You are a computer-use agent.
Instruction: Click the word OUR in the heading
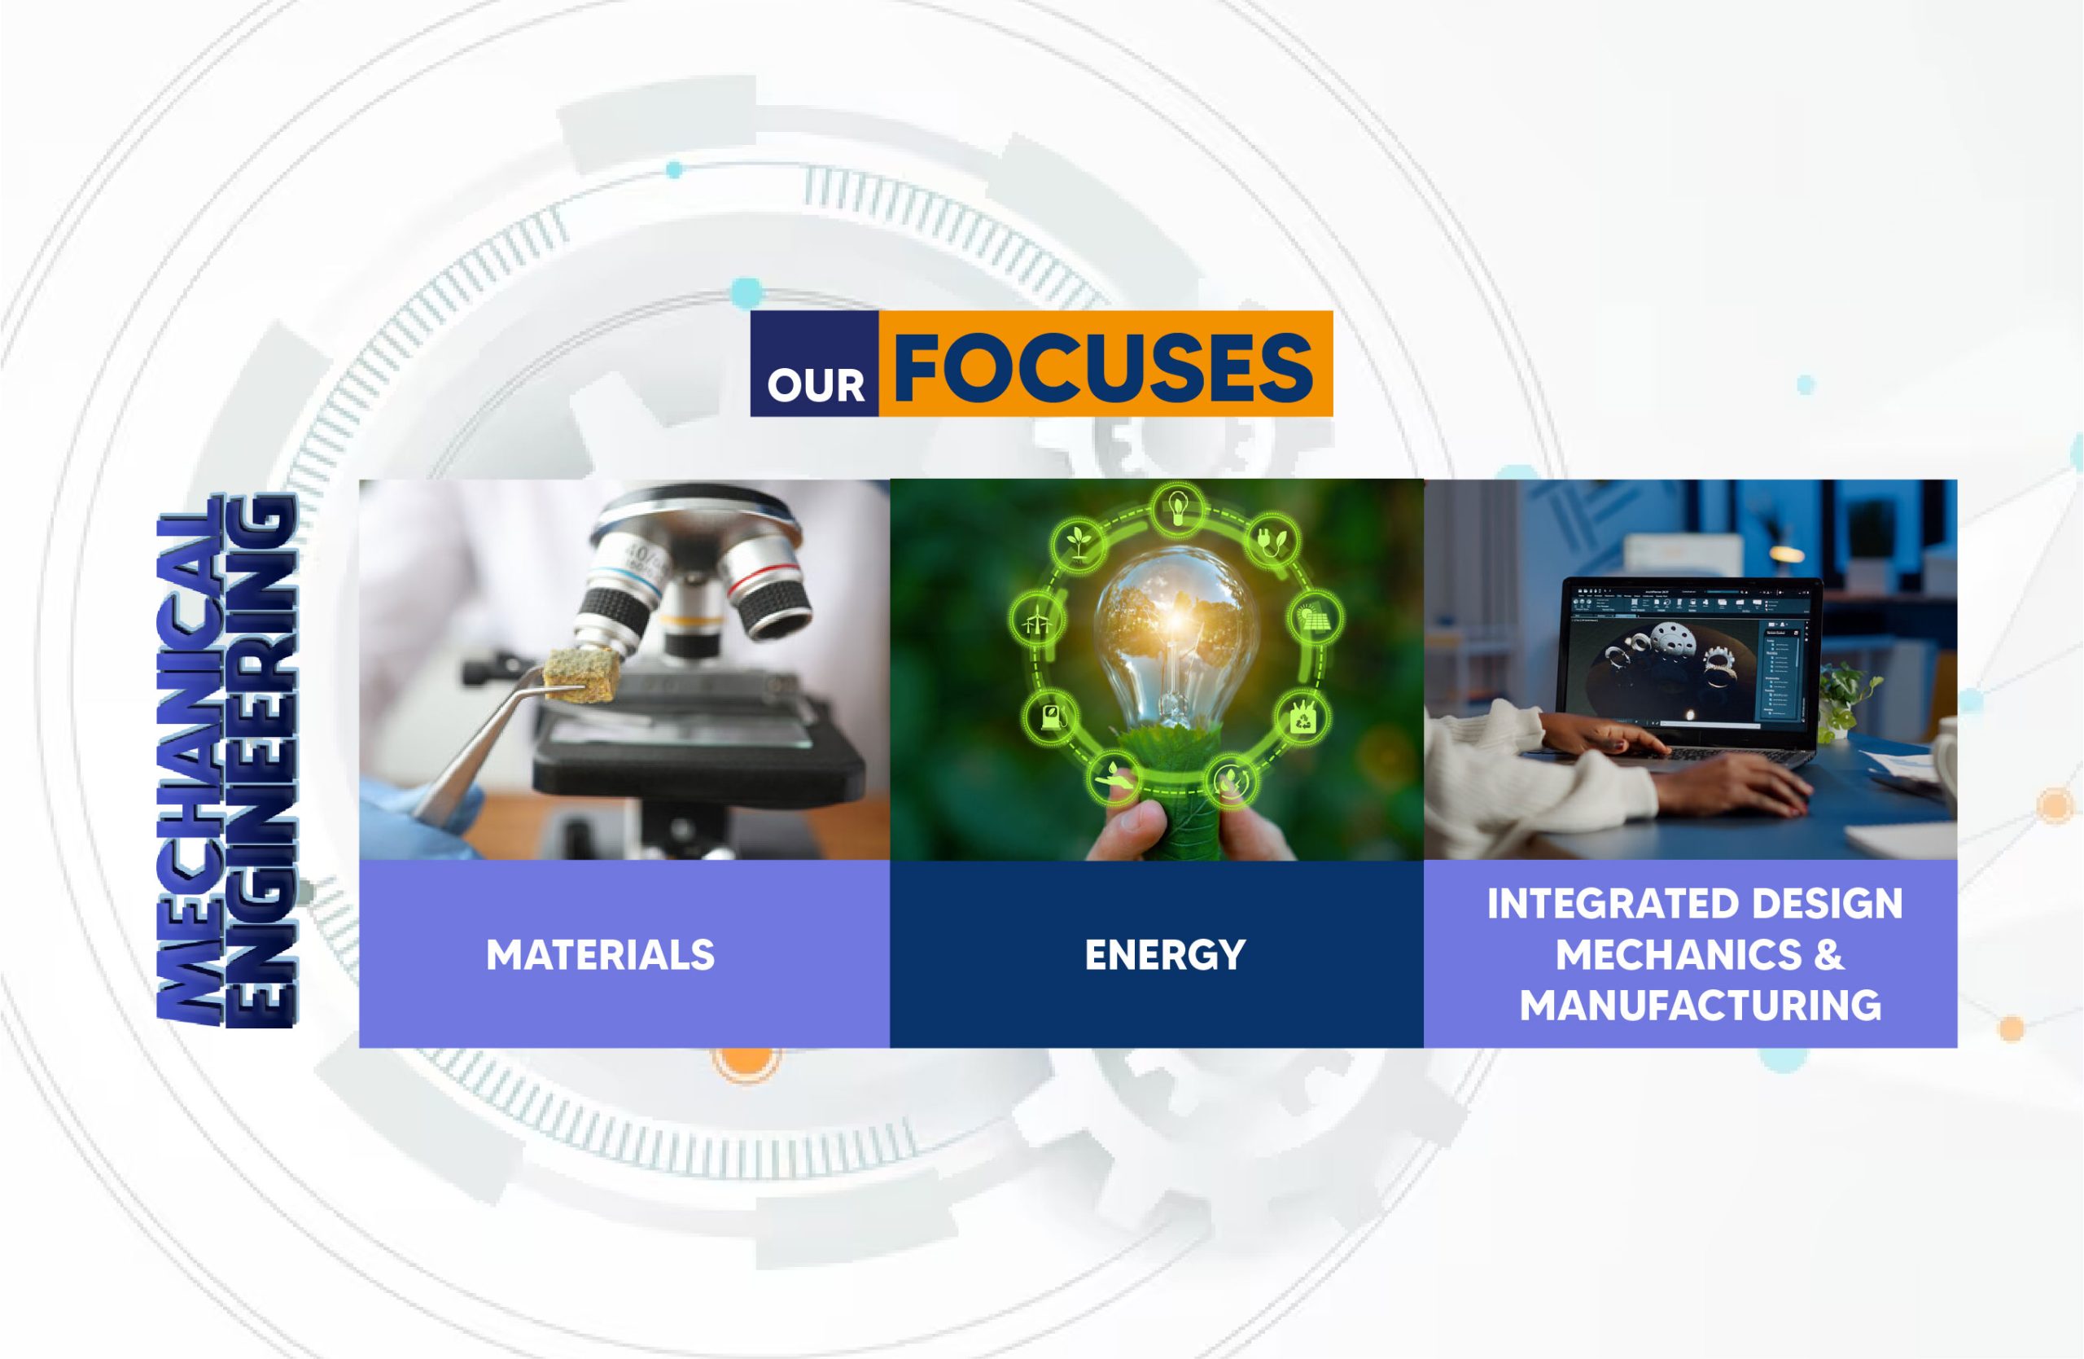tap(815, 385)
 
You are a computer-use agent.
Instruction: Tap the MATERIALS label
tap(600, 954)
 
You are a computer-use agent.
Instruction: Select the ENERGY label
tap(1165, 954)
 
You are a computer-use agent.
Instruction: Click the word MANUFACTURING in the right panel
tap(1701, 1004)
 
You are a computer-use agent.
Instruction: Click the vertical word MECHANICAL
tap(187, 760)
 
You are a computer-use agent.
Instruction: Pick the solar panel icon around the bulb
tap(1316, 618)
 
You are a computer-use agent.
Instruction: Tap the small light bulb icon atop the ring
tap(1178, 507)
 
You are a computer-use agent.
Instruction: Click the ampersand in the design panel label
tap(1829, 954)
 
